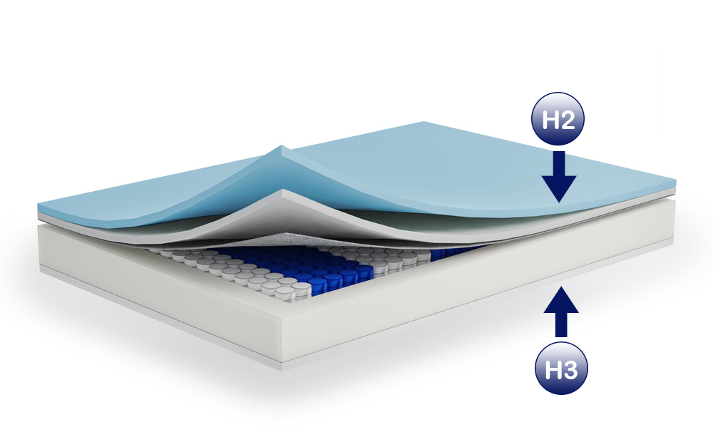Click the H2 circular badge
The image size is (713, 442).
coord(558,119)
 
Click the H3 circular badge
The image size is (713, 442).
coord(561,368)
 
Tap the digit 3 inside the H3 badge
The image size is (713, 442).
coord(570,369)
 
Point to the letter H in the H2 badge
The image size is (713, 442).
coord(550,120)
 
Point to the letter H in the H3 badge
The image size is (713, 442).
coord(553,369)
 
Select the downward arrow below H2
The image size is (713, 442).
coord(559,176)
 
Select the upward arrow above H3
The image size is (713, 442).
coord(561,312)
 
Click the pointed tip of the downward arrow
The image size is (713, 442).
coord(559,202)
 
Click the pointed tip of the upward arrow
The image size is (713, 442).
coord(561,287)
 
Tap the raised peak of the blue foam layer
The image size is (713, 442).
coord(282,146)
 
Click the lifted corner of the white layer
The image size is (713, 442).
coord(284,190)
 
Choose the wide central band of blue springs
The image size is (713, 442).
coord(309,268)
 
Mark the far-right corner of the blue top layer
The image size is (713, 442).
coord(675,182)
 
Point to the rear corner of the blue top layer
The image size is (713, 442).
coord(424,122)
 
